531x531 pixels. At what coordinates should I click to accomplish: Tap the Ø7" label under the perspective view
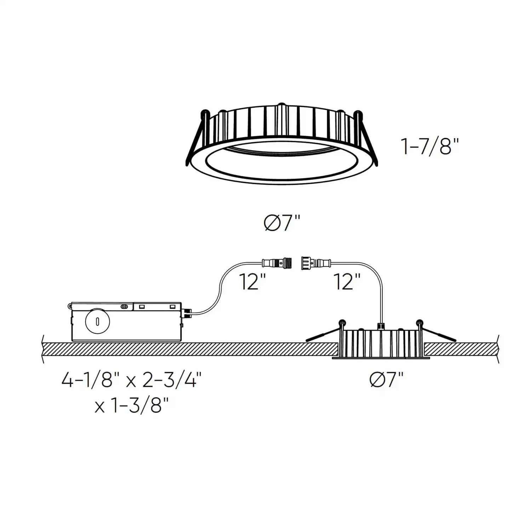coord(282,223)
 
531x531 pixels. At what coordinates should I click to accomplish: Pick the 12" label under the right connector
coord(347,282)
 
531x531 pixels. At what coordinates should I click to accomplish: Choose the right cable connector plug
coord(316,263)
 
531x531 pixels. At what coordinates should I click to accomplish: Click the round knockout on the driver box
coord(97,321)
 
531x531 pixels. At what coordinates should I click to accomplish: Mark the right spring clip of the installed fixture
coord(438,333)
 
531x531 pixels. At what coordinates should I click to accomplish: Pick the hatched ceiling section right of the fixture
coord(460,349)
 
